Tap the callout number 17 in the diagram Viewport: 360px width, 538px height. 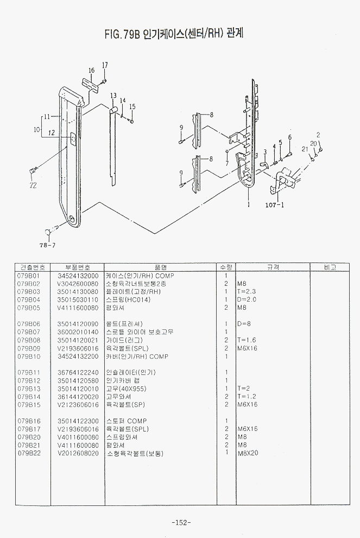[105, 66]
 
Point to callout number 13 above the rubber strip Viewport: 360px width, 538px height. [113, 96]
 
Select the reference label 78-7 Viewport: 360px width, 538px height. [47, 245]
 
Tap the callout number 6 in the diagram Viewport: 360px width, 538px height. [290, 137]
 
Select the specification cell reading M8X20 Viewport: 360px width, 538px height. [247, 453]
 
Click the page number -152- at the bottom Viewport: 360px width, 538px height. [181, 522]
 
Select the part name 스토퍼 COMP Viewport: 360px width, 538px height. [126, 421]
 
